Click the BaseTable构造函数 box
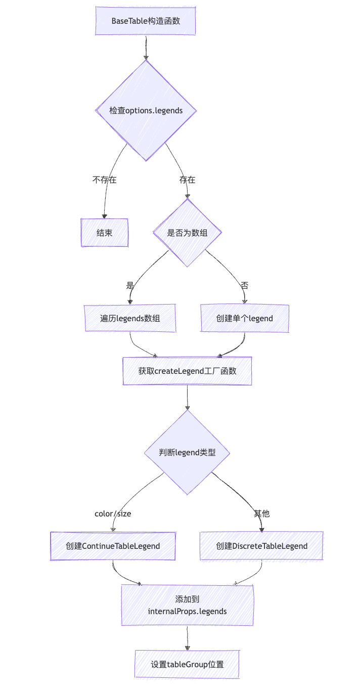(x=146, y=21)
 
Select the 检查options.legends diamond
(x=146, y=110)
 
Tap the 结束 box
(x=105, y=233)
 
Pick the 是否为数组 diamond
(x=187, y=233)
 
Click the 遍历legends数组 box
(x=130, y=318)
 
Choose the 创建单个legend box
(x=245, y=318)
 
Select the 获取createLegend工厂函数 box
(x=187, y=371)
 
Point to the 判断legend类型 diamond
(x=187, y=452)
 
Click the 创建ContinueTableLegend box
(x=113, y=546)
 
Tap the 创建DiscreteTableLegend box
(x=261, y=546)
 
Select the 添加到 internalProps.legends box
(x=187, y=606)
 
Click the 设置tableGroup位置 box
(x=187, y=664)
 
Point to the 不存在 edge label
(x=105, y=180)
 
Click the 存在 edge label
(x=187, y=180)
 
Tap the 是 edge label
(x=130, y=285)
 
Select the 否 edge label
(x=245, y=285)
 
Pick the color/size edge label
(x=113, y=513)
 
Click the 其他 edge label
(x=261, y=513)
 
